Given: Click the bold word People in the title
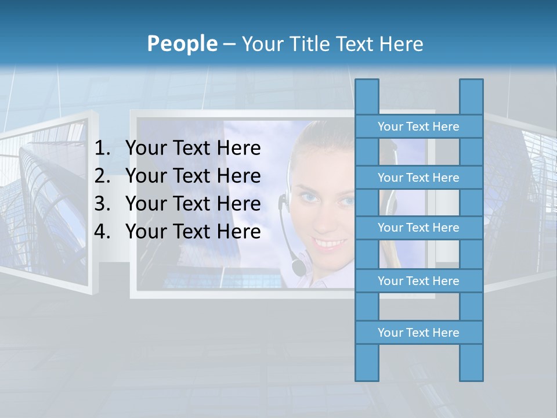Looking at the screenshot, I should [x=182, y=44].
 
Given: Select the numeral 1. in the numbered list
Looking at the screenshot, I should [x=102, y=149].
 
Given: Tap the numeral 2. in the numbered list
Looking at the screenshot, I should [x=102, y=176].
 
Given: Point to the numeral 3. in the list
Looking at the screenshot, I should [x=102, y=204].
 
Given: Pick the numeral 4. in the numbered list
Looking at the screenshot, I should [x=102, y=232].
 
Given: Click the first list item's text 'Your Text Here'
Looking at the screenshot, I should [x=193, y=149].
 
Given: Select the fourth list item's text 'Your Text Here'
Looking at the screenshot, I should [x=193, y=232].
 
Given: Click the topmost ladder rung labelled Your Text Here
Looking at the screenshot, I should [x=418, y=127].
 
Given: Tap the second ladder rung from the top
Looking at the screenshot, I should [x=418, y=178].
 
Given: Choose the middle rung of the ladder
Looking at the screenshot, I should [x=418, y=228].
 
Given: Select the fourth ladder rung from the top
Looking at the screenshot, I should [x=418, y=281].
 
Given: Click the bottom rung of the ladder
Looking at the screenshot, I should [x=418, y=333].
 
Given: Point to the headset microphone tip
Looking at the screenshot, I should [x=298, y=268].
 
